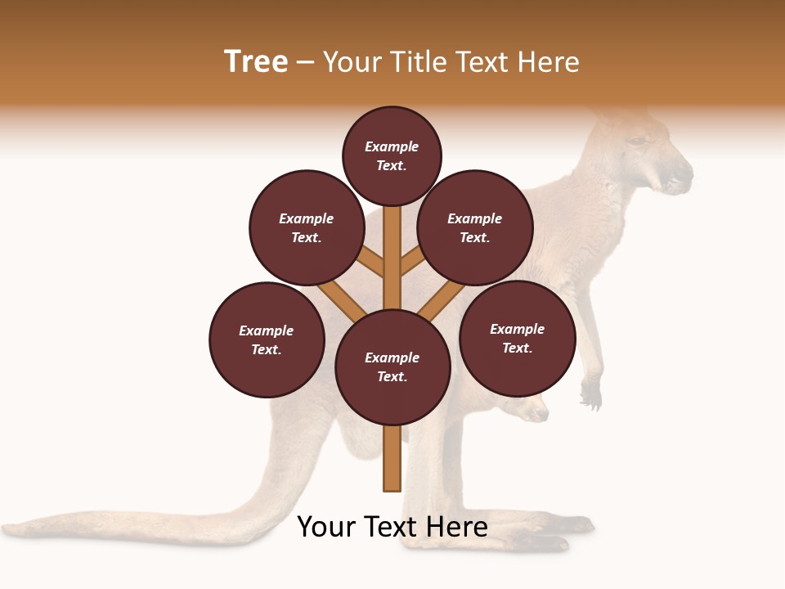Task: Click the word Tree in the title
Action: tap(256, 62)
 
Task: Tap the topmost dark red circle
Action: tap(392, 155)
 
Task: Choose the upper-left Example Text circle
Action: tap(307, 227)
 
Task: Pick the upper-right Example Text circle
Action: tap(475, 227)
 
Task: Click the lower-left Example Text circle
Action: tap(267, 339)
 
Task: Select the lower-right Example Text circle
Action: tap(518, 338)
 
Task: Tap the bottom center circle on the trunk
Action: tap(392, 367)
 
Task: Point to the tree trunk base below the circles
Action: tap(392, 458)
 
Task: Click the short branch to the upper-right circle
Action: tap(412, 262)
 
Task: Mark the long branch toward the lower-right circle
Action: tap(442, 300)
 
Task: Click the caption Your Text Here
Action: tap(392, 527)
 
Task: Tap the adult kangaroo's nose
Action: tap(685, 173)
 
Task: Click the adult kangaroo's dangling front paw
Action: tap(590, 397)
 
